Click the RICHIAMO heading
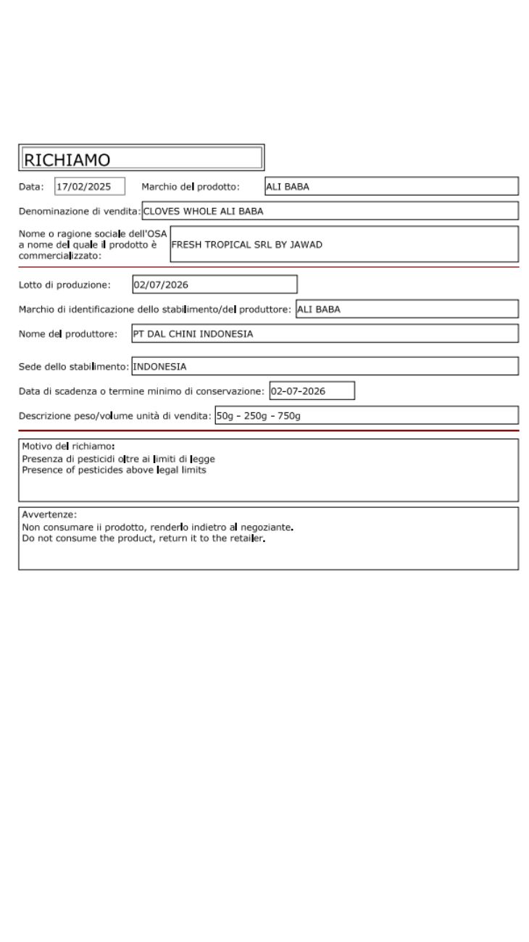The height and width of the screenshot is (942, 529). [x=67, y=159]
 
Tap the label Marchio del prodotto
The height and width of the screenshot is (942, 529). [x=190, y=187]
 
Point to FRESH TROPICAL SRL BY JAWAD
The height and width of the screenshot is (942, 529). [x=247, y=245]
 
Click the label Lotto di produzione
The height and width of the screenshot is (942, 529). [x=64, y=285]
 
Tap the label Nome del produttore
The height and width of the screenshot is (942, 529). [x=68, y=334]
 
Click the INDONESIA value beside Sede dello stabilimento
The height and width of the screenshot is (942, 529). [x=159, y=367]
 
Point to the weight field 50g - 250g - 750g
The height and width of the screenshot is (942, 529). [x=259, y=416]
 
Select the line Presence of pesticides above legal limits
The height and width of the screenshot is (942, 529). [x=114, y=470]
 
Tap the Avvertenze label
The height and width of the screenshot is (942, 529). [x=49, y=515]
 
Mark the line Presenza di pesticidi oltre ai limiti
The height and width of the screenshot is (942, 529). [x=118, y=459]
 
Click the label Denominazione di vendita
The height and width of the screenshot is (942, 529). [x=79, y=212]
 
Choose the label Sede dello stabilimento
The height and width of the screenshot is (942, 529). [x=73, y=367]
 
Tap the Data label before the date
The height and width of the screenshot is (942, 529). [x=30, y=187]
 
